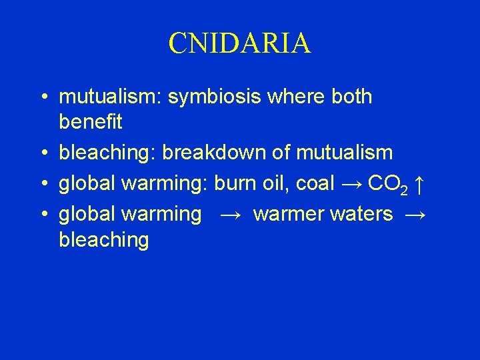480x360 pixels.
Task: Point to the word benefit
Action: coord(91,122)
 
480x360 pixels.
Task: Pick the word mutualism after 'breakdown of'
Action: coord(344,153)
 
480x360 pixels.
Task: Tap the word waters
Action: coord(362,214)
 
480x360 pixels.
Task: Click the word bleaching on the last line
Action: coord(103,240)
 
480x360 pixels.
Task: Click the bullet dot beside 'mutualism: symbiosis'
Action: coord(42,97)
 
